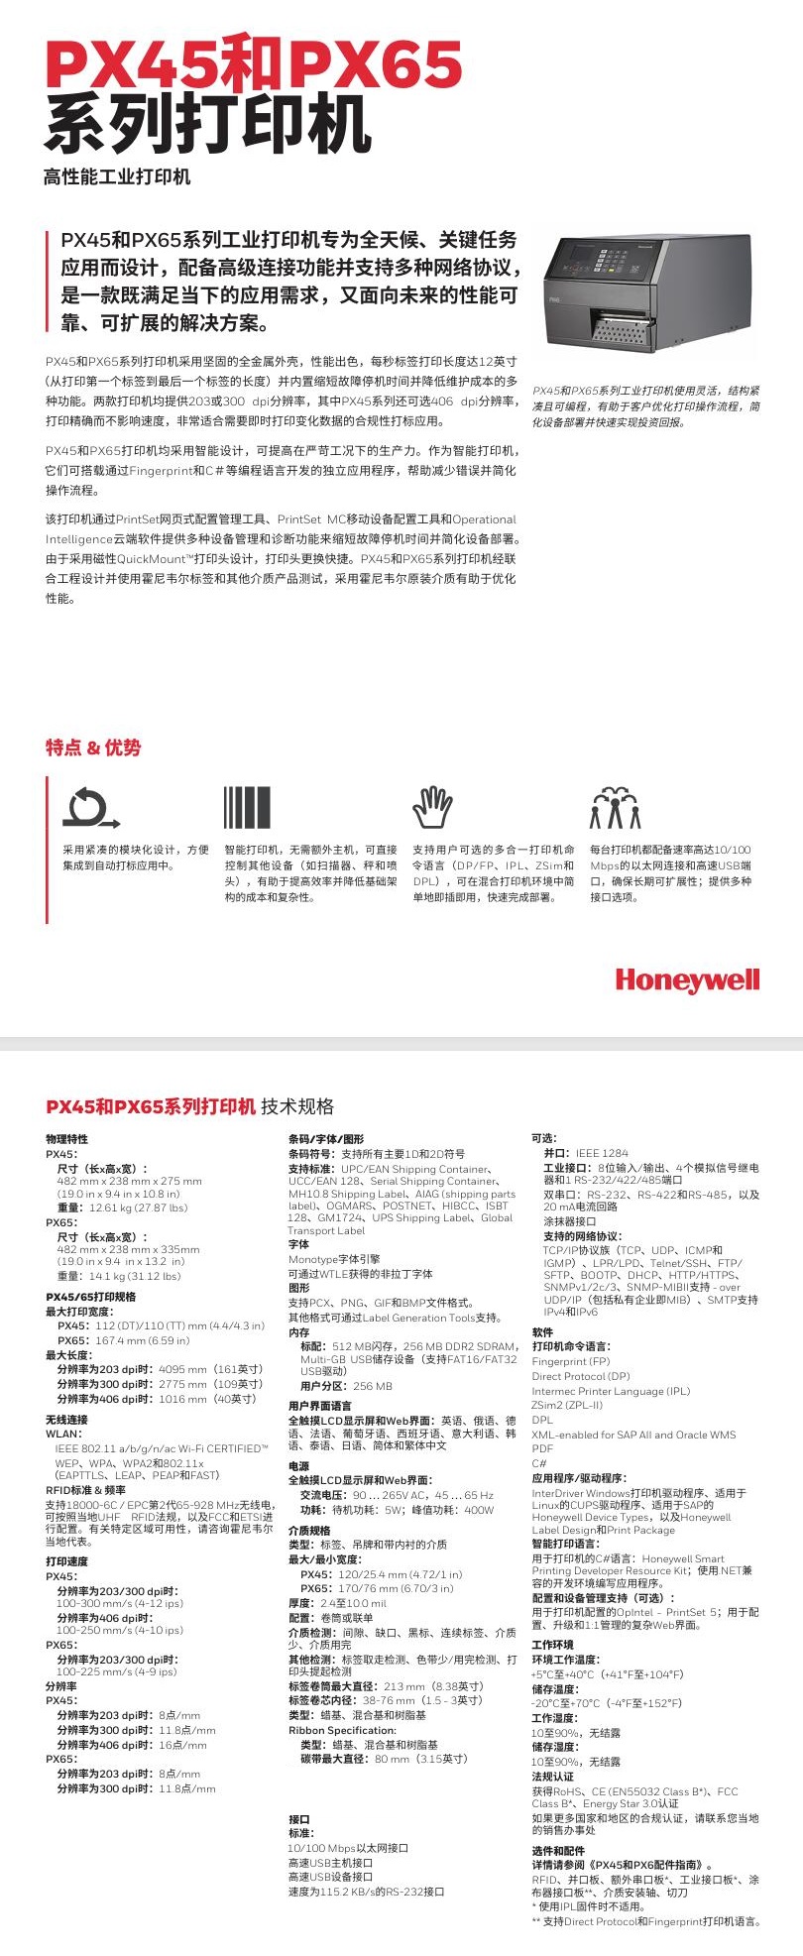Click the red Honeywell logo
click(687, 980)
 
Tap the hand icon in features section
click(432, 808)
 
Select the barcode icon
click(247, 808)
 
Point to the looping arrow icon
click(90, 808)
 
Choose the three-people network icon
click(615, 808)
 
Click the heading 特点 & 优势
click(93, 748)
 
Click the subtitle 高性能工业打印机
click(117, 176)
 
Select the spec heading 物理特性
click(66, 1139)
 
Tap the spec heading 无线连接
click(66, 1420)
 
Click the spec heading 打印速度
click(66, 1561)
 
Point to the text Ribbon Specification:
click(334, 1730)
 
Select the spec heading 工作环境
click(552, 1645)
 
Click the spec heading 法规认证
click(552, 1777)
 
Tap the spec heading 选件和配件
click(558, 1850)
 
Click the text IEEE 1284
click(602, 1153)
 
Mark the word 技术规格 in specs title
click(297, 1106)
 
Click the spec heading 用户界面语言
click(319, 1406)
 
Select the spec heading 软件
click(542, 1332)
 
